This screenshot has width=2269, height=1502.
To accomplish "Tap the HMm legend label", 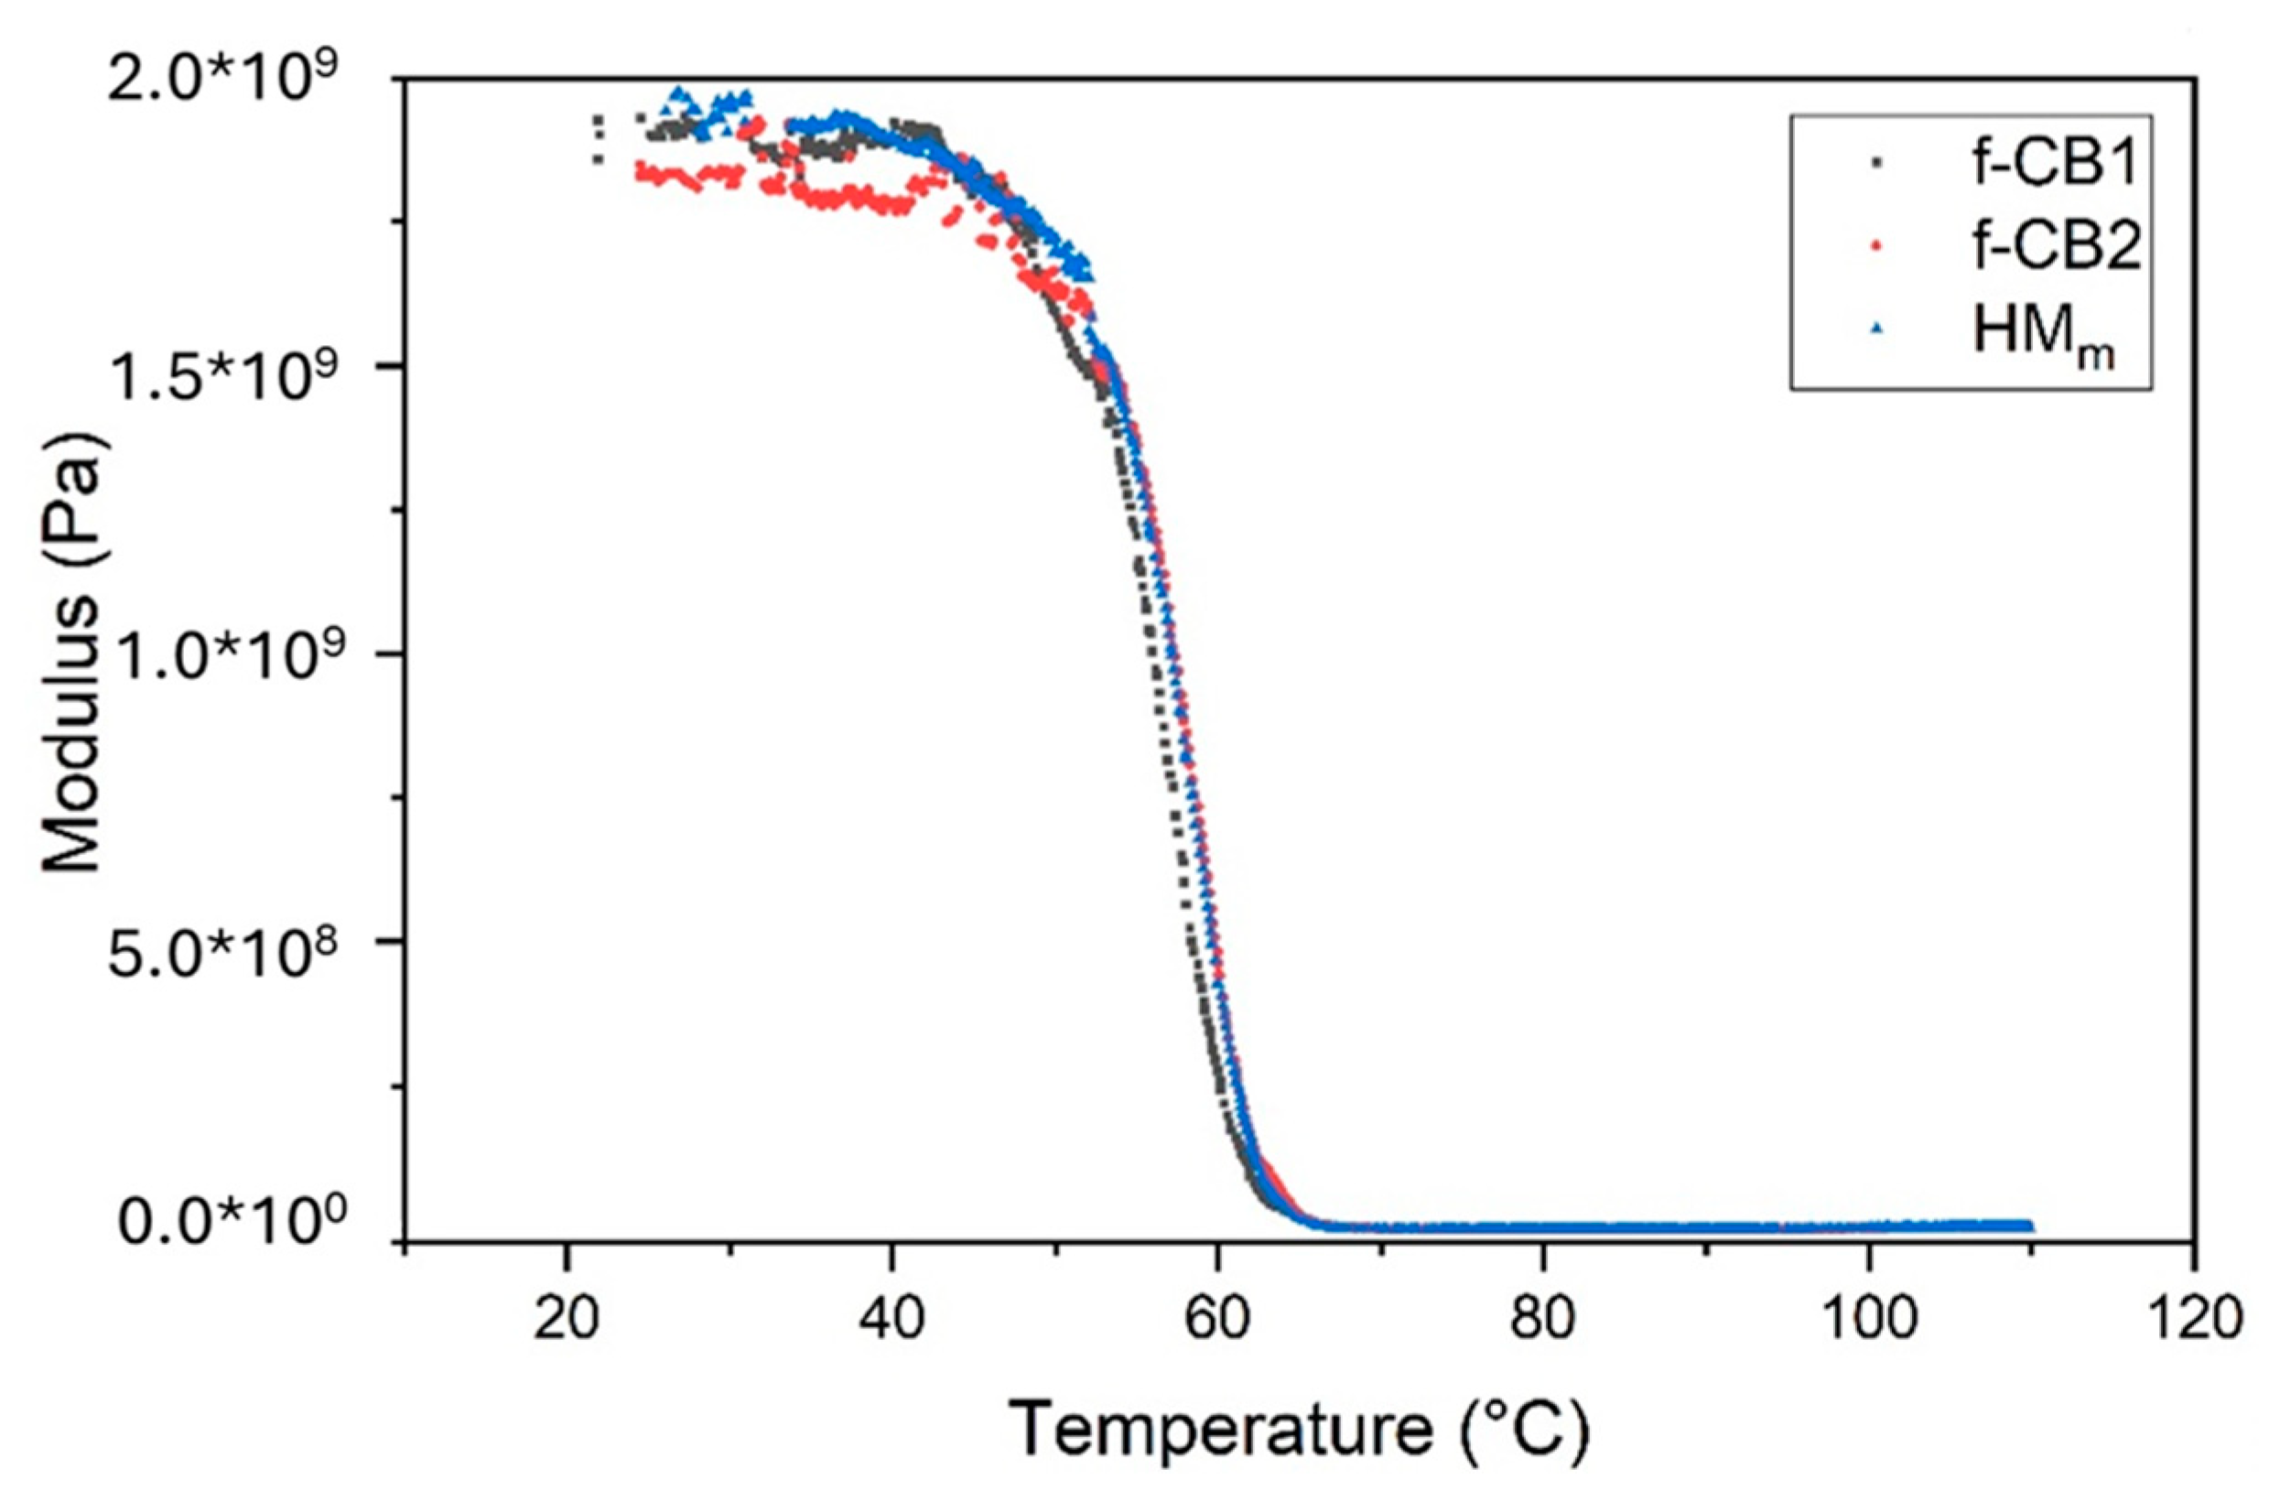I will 2030,334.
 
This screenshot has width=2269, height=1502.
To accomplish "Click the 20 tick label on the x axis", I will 567,1319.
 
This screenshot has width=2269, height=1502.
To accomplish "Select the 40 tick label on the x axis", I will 891,1319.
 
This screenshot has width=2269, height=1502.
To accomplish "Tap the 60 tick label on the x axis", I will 1217,1319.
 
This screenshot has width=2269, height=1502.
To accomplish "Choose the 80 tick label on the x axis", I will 1542,1319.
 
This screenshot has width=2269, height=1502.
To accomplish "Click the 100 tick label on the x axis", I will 1868,1319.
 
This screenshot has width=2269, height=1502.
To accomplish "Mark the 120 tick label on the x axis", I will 2192,1319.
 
